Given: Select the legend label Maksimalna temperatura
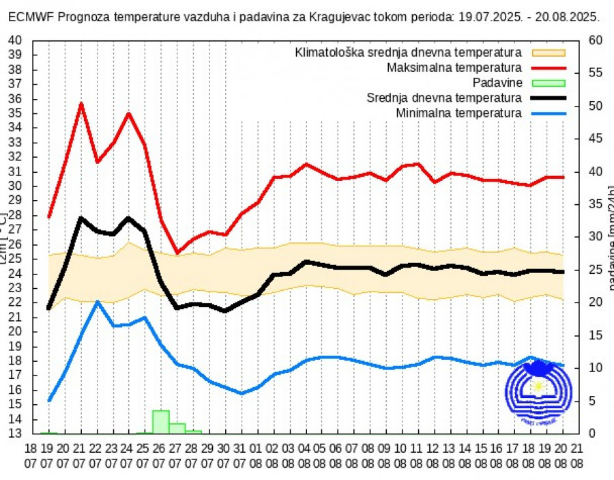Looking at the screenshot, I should (454, 68).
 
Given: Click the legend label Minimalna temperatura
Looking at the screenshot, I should (458, 113).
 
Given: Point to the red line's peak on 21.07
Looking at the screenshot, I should (81, 103).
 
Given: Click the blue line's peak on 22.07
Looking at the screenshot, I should (98, 301).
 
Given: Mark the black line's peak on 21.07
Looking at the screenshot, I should (81, 218).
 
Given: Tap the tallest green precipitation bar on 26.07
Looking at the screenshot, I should (160, 421).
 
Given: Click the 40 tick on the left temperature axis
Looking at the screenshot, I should (15, 40).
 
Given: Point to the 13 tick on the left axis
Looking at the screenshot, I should (15, 434).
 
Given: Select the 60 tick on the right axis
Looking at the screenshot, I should (595, 40).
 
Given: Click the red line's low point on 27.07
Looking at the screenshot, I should (177, 253).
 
